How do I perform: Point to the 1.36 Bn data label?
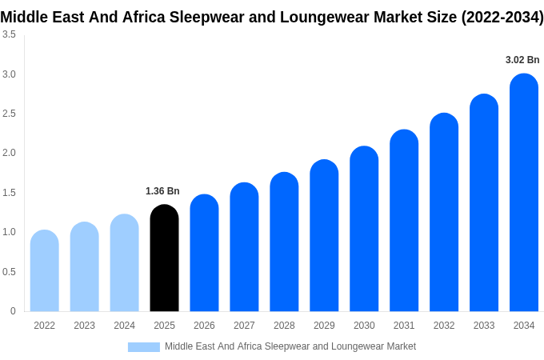(x=162, y=191)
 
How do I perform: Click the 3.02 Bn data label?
(x=522, y=60)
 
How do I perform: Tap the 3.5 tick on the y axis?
(x=9, y=34)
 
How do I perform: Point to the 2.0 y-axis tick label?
(x=9, y=153)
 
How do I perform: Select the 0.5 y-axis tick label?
(x=9, y=272)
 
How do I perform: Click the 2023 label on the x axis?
(x=84, y=326)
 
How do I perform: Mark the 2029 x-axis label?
(x=324, y=326)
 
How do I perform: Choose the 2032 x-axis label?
(x=444, y=326)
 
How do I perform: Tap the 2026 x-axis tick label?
(x=204, y=326)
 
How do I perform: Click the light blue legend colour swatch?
(x=144, y=347)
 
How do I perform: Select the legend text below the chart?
(x=290, y=346)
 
